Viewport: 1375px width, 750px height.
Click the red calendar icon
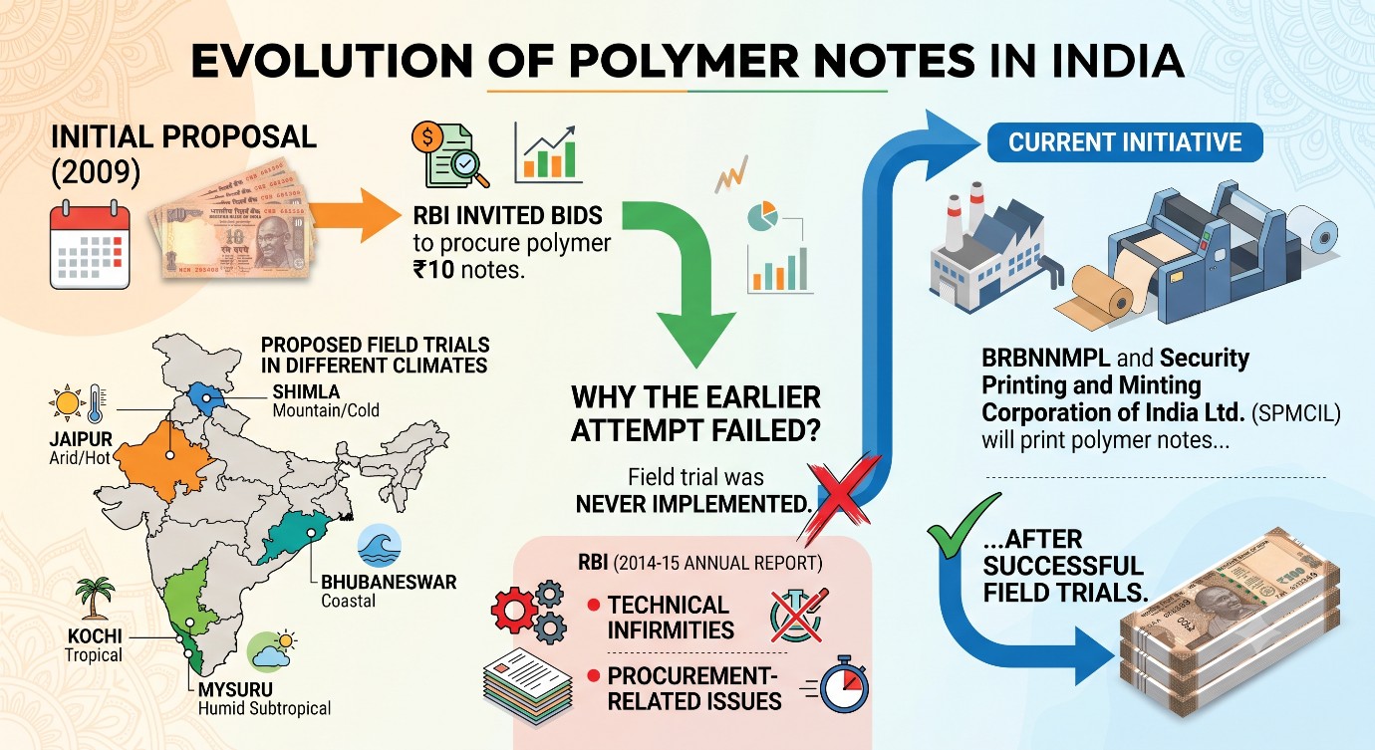click(90, 244)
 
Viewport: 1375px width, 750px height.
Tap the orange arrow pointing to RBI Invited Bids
click(355, 215)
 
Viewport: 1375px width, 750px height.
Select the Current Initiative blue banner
click(1125, 142)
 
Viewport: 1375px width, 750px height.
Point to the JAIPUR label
click(81, 439)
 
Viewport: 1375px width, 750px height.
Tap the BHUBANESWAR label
click(389, 582)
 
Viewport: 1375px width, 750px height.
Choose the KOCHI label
click(95, 635)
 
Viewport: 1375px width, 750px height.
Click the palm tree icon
click(95, 598)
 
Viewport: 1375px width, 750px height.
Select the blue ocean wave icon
click(380, 546)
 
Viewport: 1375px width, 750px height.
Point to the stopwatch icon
click(842, 685)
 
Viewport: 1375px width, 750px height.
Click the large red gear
click(514, 611)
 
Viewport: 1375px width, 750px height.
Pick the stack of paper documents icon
click(528, 686)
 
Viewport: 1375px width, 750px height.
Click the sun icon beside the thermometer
click(67, 403)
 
